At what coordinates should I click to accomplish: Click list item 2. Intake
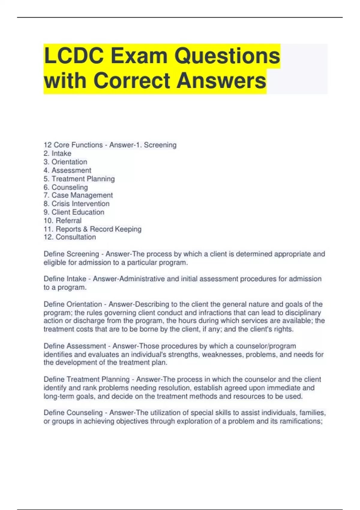pyautogui.click(x=57, y=153)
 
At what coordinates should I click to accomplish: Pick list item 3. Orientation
pyautogui.click(x=65, y=162)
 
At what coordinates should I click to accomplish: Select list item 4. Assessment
pyautogui.click(x=67, y=170)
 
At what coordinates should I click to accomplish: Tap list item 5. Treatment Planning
pyautogui.click(x=79, y=179)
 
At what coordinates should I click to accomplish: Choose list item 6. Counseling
pyautogui.click(x=66, y=187)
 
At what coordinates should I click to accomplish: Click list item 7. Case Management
pyautogui.click(x=78, y=195)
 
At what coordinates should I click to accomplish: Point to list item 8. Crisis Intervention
pyautogui.click(x=76, y=204)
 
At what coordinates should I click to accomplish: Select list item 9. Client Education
pyautogui.click(x=74, y=212)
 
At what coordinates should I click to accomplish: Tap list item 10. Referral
pyautogui.click(x=63, y=220)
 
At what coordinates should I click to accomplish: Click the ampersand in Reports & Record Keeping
pyautogui.click(x=85, y=229)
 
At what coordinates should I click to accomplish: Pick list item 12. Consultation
pyautogui.click(x=70, y=237)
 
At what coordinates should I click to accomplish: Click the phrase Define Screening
pyautogui.click(x=71, y=254)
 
